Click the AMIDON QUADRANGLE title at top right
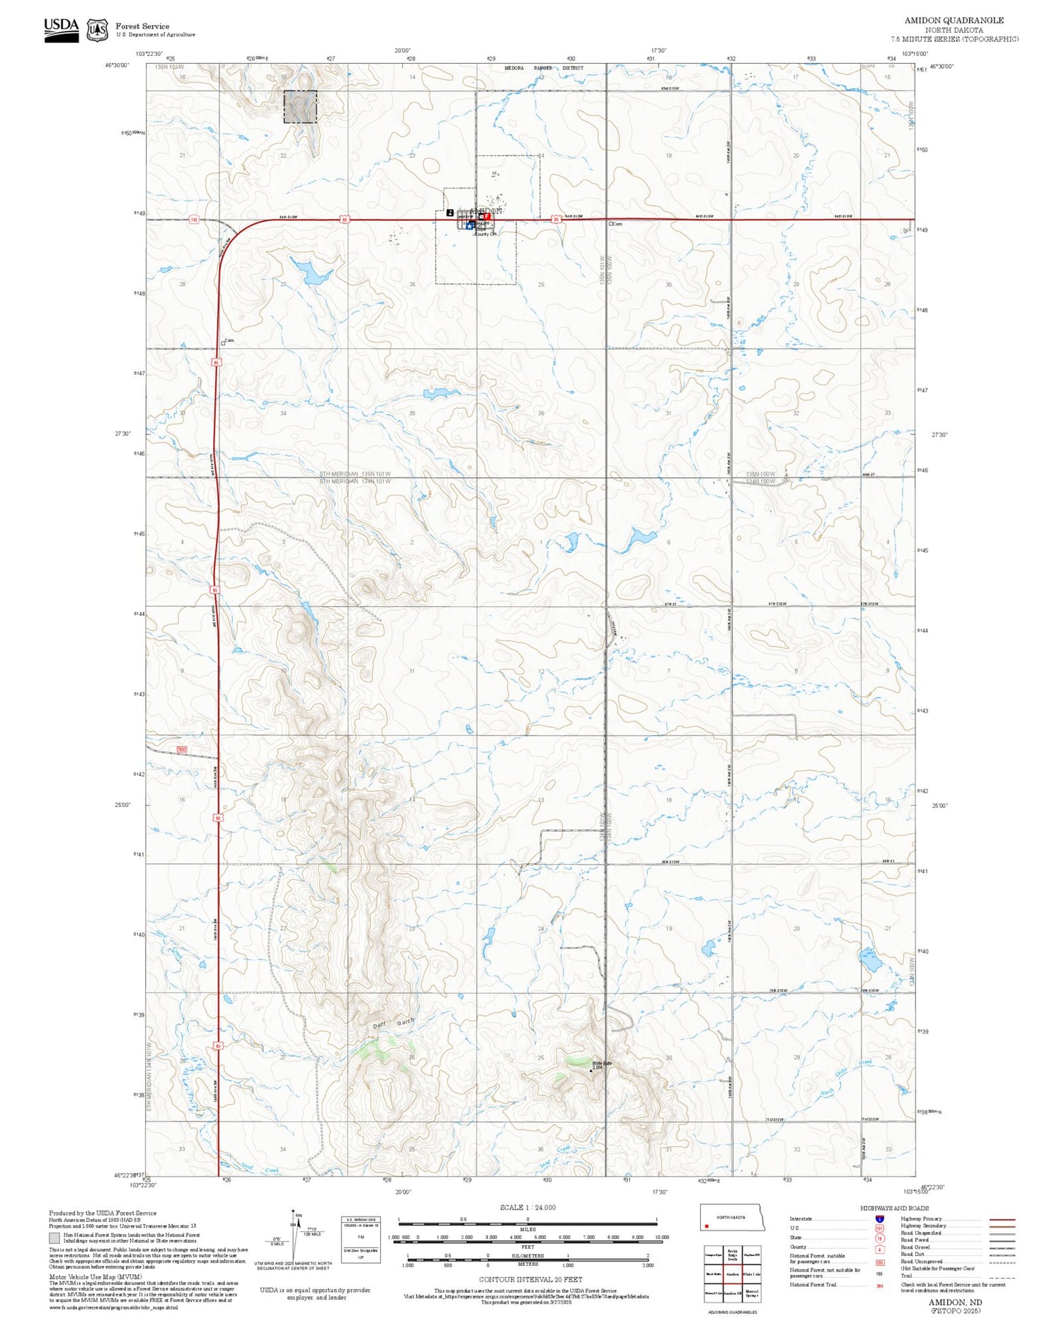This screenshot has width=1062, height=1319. (x=954, y=20)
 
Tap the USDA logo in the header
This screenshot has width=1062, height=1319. (x=62, y=29)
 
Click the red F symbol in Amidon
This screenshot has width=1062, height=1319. (x=487, y=216)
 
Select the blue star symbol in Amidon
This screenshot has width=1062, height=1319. (x=470, y=225)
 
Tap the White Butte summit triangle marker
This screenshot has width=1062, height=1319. (x=592, y=1070)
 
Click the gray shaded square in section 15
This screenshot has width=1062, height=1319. (x=300, y=107)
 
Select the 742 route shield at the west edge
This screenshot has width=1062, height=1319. (x=194, y=220)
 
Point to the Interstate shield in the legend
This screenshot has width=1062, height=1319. (x=879, y=1218)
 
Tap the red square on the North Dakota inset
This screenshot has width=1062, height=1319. (x=707, y=1226)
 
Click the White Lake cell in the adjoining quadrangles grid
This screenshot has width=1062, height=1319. (x=752, y=1274)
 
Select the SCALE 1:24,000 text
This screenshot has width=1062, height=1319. (x=527, y=1207)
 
